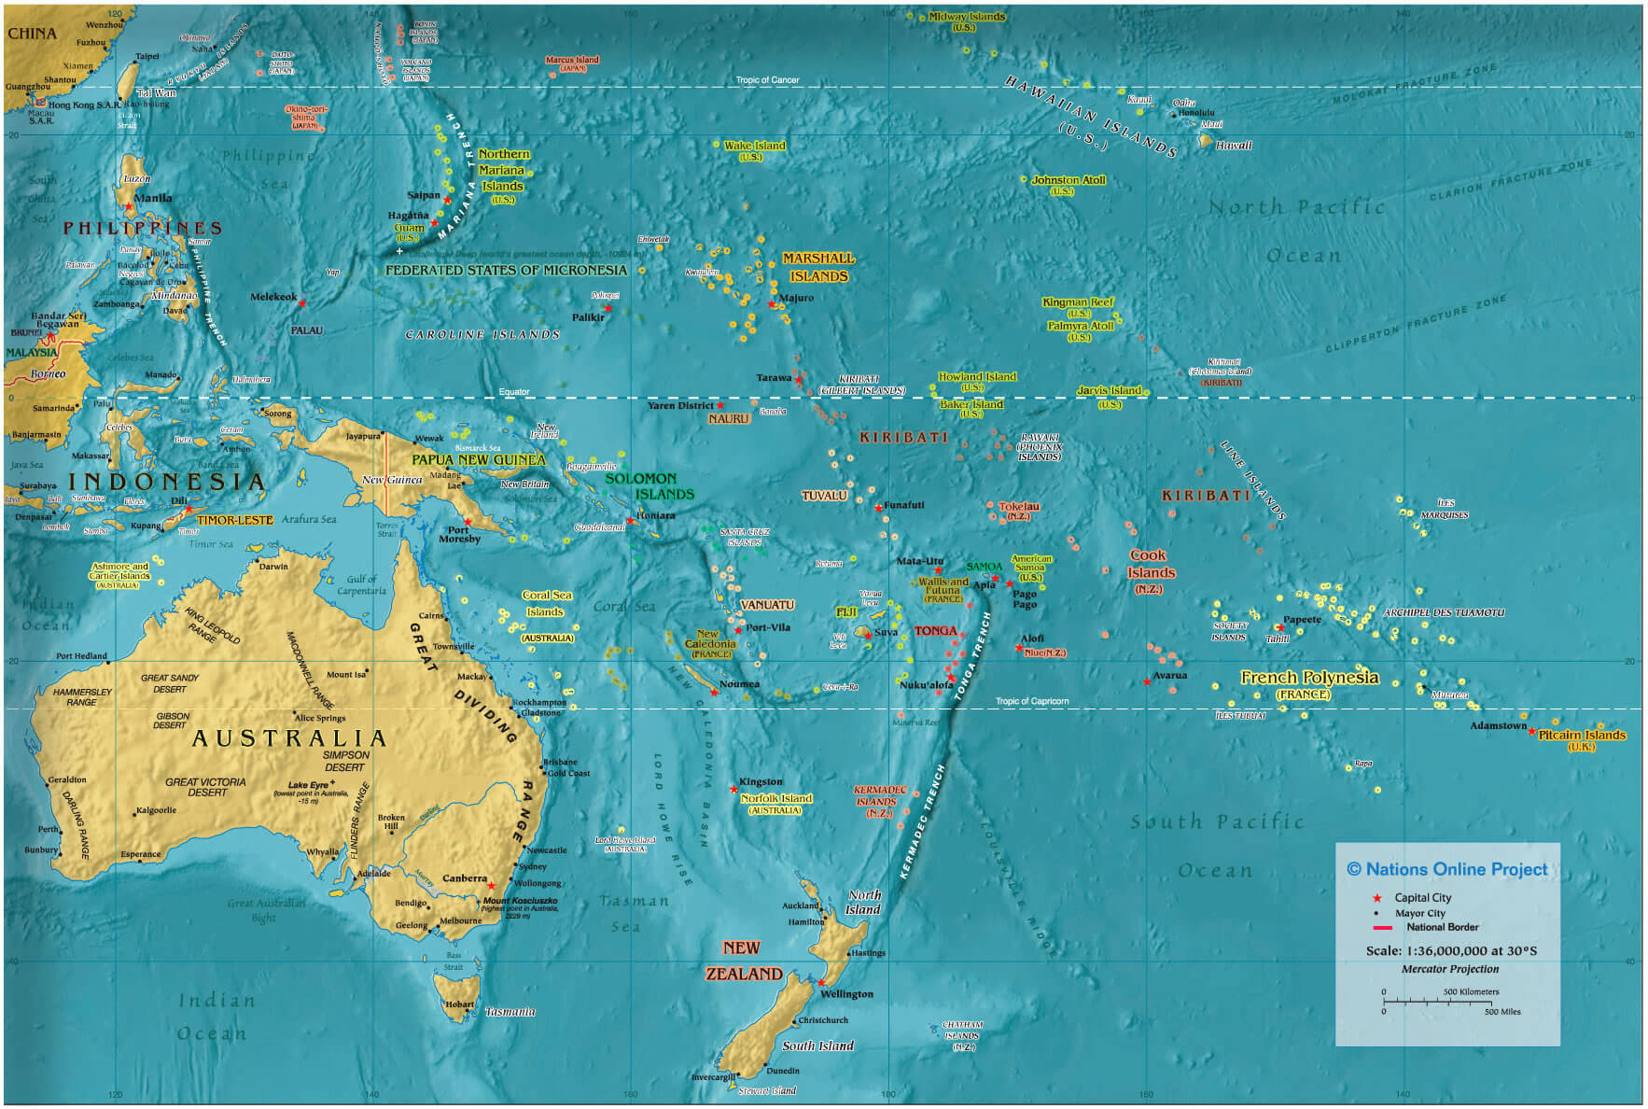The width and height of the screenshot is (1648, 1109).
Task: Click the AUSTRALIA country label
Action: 288,739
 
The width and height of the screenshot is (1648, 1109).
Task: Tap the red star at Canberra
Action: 492,886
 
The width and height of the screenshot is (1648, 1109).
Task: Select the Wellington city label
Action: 846,994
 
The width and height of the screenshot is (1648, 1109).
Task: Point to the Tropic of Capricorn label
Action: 1031,701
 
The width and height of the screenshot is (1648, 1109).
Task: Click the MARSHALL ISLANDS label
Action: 818,267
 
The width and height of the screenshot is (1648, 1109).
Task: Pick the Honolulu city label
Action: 1195,113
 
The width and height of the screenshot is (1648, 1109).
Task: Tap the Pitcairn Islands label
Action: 1582,736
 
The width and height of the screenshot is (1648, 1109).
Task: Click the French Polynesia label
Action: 1308,679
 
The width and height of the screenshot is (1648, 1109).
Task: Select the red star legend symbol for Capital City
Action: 1376,898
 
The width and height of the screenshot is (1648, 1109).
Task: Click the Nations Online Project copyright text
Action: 1446,869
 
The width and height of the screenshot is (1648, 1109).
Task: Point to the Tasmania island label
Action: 510,1012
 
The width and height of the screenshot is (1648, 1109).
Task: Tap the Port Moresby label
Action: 459,534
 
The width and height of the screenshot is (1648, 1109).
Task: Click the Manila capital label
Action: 153,198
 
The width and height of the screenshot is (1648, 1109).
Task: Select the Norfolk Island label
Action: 775,799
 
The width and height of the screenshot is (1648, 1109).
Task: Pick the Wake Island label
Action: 755,146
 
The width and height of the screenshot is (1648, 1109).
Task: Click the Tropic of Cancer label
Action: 767,80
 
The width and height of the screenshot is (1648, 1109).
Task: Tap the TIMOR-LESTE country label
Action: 234,520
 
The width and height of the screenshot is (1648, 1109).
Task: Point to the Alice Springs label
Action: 320,718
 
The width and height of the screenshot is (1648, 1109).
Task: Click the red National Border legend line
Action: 1382,928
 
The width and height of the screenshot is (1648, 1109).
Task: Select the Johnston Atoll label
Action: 1068,180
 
